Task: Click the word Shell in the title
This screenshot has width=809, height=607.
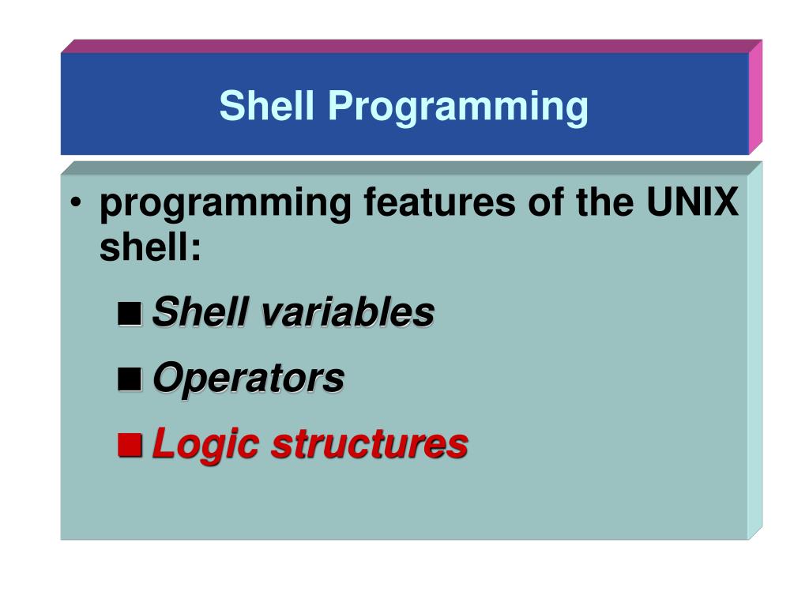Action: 266,105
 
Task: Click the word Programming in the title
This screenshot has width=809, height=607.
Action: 458,107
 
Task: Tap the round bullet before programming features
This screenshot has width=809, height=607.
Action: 76,202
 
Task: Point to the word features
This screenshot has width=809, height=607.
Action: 439,202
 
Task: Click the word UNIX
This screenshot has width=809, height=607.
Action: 692,202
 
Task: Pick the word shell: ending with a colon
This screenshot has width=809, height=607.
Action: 150,247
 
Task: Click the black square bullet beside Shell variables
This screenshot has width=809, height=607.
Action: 130,313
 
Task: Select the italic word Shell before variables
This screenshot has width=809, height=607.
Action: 201,311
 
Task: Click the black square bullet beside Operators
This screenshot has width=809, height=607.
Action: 130,379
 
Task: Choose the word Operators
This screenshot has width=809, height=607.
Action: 249,379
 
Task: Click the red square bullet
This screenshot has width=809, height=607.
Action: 130,445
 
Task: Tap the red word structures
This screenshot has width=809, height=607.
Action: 370,444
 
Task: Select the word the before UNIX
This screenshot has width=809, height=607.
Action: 605,202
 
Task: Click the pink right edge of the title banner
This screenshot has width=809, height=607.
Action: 755,97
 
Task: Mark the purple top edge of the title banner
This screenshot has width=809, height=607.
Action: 411,47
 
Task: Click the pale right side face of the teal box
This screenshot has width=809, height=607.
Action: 754,351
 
